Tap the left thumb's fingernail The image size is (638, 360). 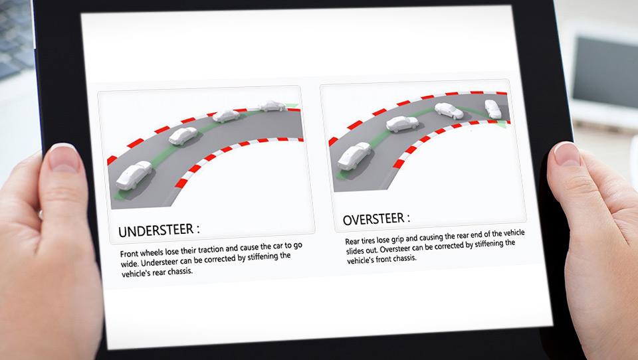pos(63,158)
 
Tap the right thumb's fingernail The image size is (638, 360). pos(566,154)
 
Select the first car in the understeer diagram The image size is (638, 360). pos(134,175)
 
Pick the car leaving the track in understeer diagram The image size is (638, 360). pos(272,106)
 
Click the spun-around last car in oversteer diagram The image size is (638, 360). pos(492,109)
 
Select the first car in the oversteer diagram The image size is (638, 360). pos(354,156)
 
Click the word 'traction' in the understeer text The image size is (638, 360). pos(211,249)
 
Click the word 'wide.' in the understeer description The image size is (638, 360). pos(130,264)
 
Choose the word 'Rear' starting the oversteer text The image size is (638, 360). pos(352,242)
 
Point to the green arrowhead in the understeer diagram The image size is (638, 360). pos(292,106)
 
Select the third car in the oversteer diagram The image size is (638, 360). pos(449,110)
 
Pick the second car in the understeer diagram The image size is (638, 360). pos(183,136)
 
